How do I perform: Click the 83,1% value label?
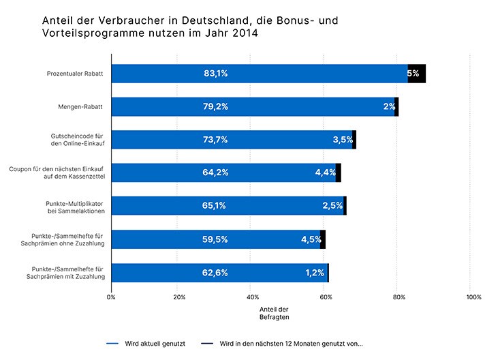coord(215,74)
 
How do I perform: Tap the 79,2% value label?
coord(215,106)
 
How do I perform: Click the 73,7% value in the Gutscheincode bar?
coord(215,140)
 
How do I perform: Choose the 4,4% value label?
coord(326,172)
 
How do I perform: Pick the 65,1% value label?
coord(215,205)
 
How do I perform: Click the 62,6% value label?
coord(215,273)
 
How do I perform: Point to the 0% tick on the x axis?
coord(111,297)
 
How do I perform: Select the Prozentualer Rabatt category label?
coord(76,74)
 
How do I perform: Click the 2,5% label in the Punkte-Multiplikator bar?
coord(332,205)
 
